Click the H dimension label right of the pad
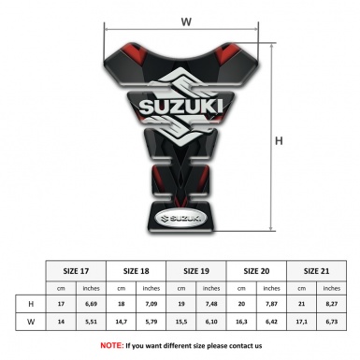(x=279, y=141)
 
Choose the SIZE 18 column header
(x=137, y=270)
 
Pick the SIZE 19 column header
(x=197, y=270)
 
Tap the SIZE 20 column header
(x=258, y=270)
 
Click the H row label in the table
(x=33, y=304)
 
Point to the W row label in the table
(x=33, y=323)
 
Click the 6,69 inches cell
(x=92, y=304)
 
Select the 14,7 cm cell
(x=122, y=323)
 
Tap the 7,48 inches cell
(x=212, y=304)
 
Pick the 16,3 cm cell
(x=243, y=323)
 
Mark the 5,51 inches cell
(x=92, y=323)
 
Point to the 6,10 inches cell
(x=212, y=323)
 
